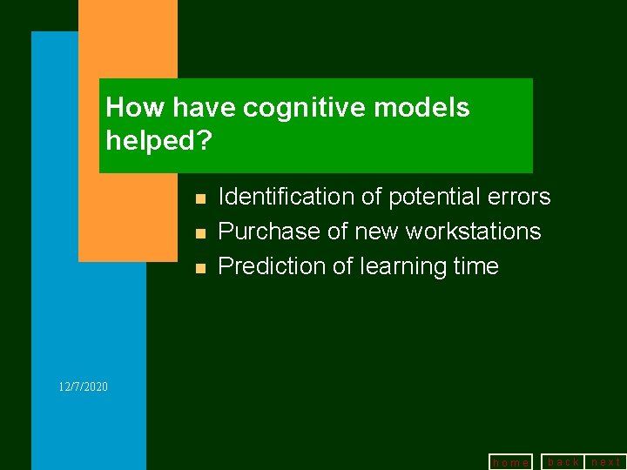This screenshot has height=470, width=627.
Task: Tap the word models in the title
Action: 426,108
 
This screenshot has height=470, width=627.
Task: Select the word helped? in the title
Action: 158,139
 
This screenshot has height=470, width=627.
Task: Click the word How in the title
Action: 135,108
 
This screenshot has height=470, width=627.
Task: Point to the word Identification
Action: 286,198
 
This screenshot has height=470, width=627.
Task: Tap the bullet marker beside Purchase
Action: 200,233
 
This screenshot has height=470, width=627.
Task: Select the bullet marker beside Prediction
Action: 200,268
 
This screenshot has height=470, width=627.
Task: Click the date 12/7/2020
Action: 84,386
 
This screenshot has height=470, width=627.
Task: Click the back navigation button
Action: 563,461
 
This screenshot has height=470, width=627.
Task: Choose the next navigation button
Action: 606,461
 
